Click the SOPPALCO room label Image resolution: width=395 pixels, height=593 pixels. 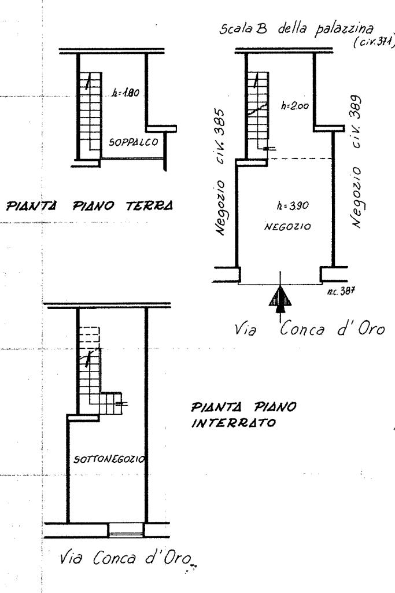(131, 142)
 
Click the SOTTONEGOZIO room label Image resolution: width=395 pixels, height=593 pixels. (109, 459)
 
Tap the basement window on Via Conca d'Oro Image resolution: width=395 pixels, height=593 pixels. (125, 529)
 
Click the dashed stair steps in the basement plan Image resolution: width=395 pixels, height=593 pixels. (89, 337)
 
